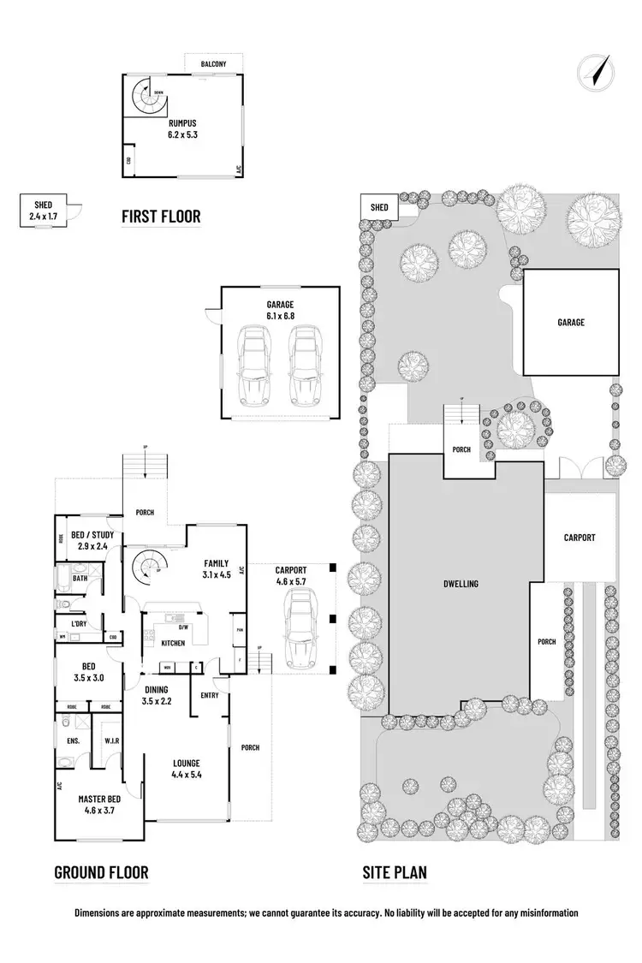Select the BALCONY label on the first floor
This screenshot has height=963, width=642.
coord(213,64)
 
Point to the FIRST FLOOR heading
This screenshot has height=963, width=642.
coord(161,216)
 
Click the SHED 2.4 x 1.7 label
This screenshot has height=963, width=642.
coord(43,211)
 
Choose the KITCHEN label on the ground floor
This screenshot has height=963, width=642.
coord(173,643)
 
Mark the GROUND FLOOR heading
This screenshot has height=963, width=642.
coord(101,872)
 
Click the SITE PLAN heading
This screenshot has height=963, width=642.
coord(395,872)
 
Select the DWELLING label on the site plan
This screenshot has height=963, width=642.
coord(461,584)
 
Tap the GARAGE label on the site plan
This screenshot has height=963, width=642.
coord(571,323)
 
